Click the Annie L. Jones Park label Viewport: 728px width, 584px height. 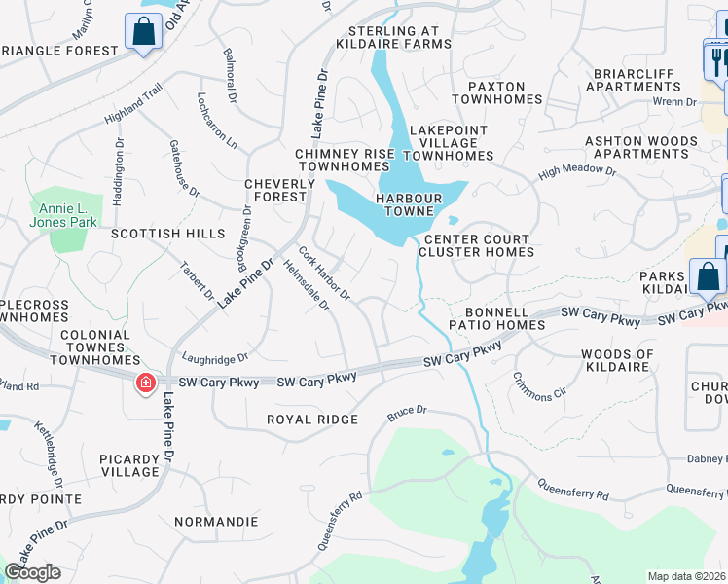(69, 215)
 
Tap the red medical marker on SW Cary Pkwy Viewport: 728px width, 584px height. (146, 383)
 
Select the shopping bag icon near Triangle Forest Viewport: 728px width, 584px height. (143, 32)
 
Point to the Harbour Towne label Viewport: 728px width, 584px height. (411, 204)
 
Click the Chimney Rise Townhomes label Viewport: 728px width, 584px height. (346, 161)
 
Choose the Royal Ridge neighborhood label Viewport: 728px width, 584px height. (313, 420)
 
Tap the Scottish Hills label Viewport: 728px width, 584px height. (167, 235)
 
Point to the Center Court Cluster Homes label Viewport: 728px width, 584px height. (475, 245)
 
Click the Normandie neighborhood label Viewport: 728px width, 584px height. (216, 522)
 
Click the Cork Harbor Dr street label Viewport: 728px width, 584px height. (325, 274)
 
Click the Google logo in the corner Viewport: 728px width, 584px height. (33, 572)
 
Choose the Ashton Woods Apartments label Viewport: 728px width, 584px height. (640, 147)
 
